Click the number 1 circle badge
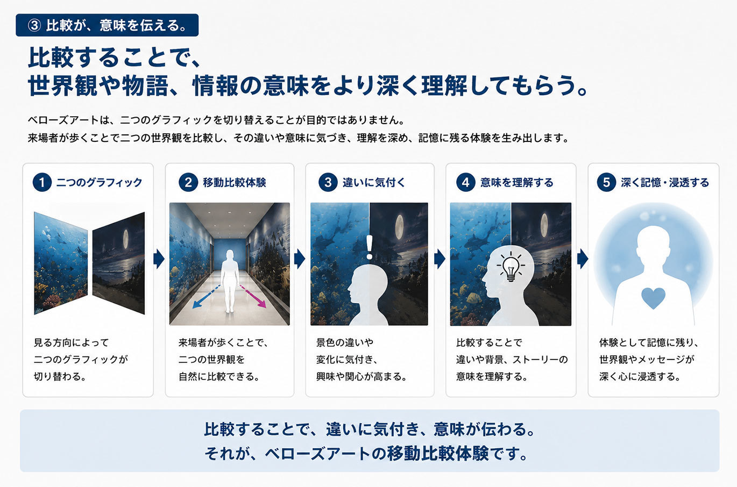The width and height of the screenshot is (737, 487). pos(42,182)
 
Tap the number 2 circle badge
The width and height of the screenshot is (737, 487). pos(188,182)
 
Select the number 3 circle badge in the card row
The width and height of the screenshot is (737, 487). pos(328,182)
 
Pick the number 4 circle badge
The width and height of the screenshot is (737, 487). pos(465,182)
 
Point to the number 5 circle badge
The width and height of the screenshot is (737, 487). pos(606,182)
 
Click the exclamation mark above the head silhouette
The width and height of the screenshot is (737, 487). pos(370,247)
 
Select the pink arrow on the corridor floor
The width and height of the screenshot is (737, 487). pos(253,296)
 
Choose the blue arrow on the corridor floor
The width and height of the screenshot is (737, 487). pos(205,296)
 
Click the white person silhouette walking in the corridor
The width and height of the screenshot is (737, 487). pos(230,281)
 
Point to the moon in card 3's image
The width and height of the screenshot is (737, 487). pos(399,227)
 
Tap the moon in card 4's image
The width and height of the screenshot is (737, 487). pos(544,226)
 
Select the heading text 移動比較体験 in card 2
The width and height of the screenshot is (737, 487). pos(234,183)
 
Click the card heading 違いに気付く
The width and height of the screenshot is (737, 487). pos(374,183)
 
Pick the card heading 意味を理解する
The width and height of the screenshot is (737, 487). pos(516,183)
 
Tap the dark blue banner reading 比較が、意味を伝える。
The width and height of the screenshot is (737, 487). pos(107,25)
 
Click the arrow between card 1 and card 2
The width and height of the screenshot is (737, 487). pos(159,259)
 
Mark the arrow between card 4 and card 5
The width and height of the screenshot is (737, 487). pos(583,259)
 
